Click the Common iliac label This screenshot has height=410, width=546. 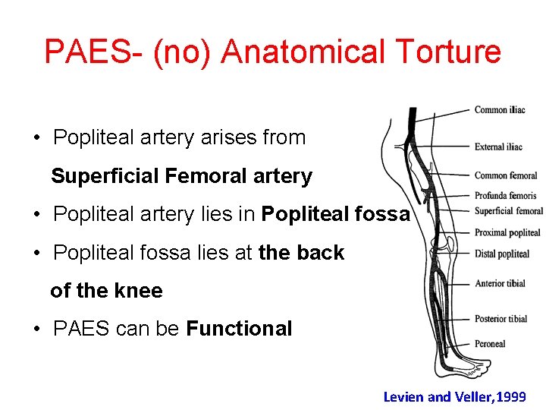click(500, 110)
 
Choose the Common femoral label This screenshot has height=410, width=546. click(506, 176)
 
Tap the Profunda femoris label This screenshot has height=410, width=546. click(505, 196)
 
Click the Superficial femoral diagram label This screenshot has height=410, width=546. click(509, 211)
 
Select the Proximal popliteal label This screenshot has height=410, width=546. click(507, 233)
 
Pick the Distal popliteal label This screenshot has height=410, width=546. click(502, 254)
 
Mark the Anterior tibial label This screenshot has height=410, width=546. click(500, 284)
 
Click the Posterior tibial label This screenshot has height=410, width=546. click(501, 319)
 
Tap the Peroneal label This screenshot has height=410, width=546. click(490, 344)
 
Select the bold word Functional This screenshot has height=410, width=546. click(239, 329)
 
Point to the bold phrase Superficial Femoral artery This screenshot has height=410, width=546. click(181, 177)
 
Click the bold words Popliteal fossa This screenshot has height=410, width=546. click(335, 215)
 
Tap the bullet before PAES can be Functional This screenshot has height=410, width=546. click(37, 329)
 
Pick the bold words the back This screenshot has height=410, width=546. click(301, 253)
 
